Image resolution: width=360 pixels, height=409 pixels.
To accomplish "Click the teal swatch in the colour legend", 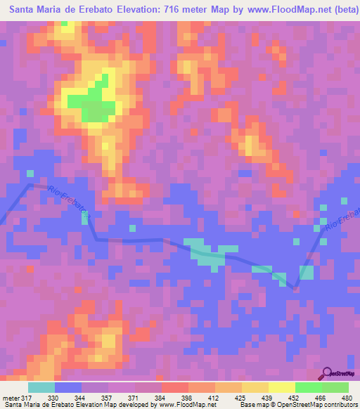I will click(x=41, y=387).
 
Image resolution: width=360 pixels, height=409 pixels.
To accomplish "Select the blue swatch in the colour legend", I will click(x=68, y=387).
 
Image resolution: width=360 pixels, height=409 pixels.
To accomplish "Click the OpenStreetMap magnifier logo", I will click(x=328, y=375).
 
